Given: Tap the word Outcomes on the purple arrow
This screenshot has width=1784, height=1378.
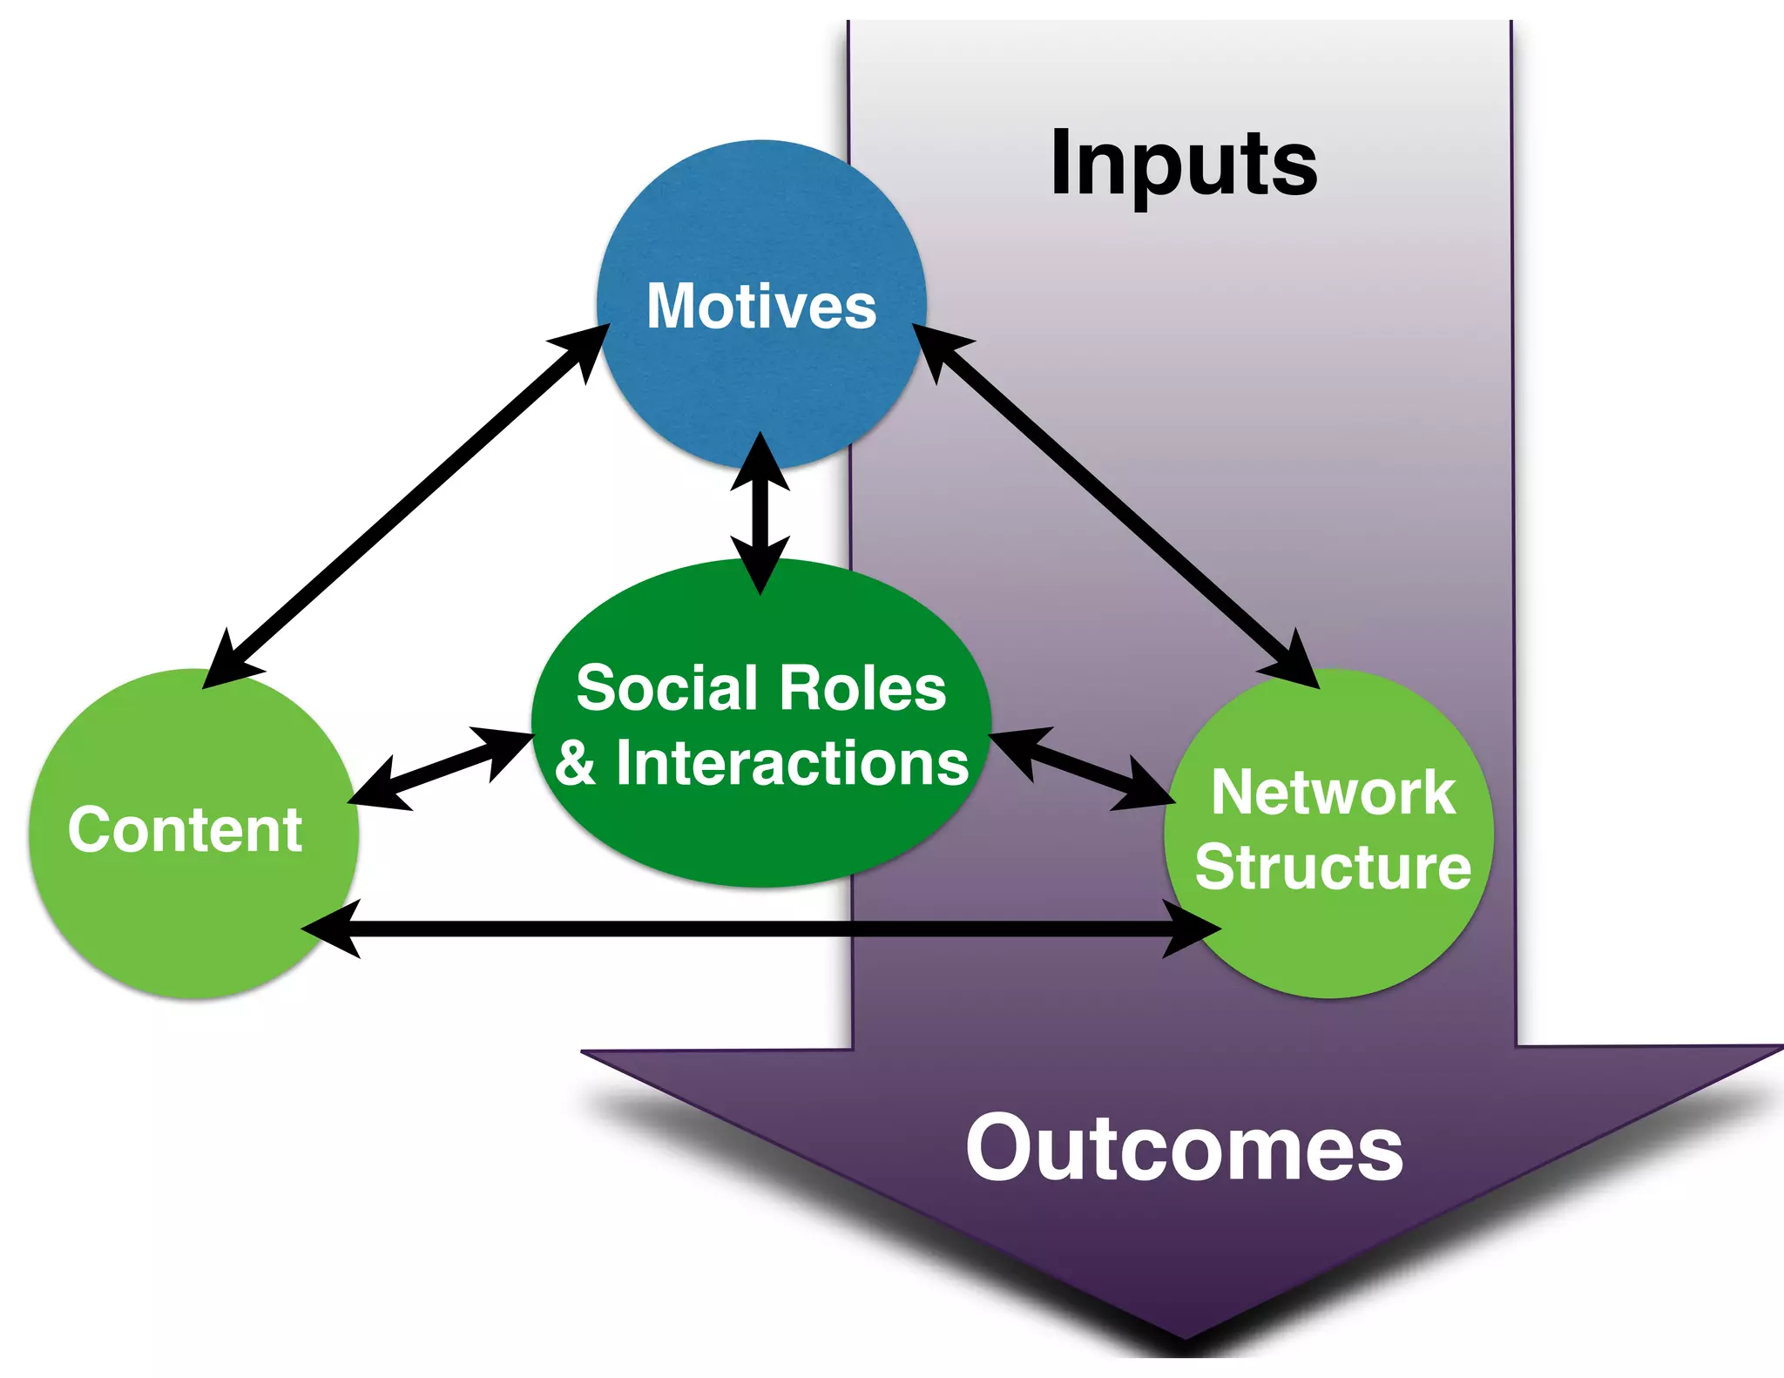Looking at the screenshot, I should click(1184, 1150).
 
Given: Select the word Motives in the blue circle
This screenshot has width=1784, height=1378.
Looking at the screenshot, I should click(761, 307).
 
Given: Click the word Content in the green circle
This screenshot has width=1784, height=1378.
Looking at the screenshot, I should click(186, 829).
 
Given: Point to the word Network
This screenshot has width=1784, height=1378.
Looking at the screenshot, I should click(1332, 793).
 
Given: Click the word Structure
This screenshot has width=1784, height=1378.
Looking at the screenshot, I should click(1333, 868).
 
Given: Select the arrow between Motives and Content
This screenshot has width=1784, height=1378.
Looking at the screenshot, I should click(405, 505).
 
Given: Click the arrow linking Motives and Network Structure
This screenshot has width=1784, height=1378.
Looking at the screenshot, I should click(1115, 505).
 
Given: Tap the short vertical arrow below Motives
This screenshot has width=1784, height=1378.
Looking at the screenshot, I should click(760, 514).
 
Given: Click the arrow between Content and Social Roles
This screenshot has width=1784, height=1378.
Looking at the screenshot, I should click(440, 769).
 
